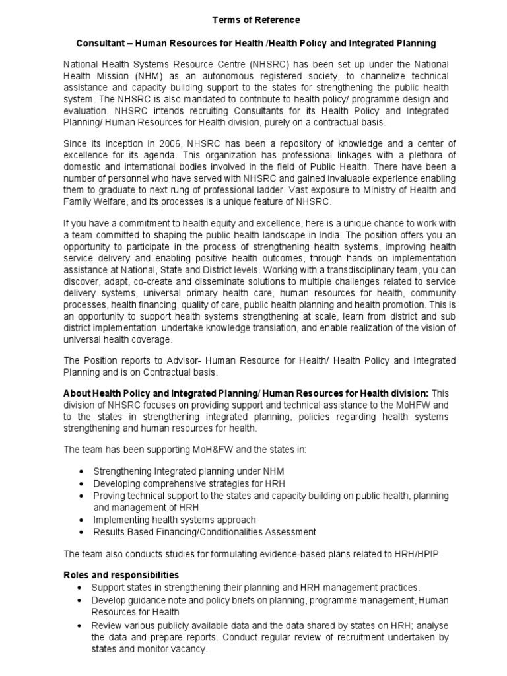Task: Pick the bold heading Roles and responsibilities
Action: click(x=121, y=575)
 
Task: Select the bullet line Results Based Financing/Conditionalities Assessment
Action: click(x=195, y=531)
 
